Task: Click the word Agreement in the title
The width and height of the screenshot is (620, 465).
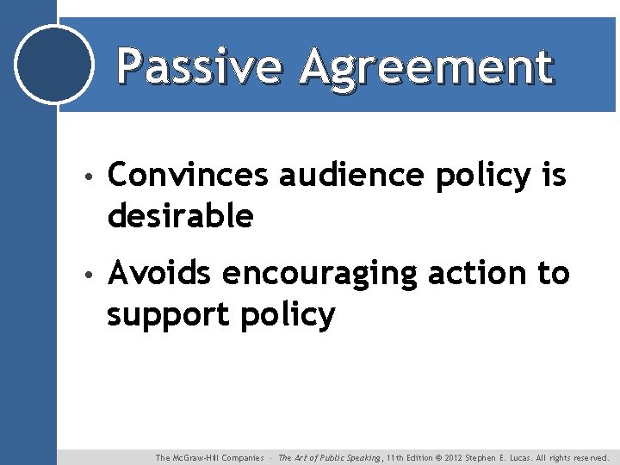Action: (x=425, y=67)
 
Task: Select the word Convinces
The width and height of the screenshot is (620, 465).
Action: (x=188, y=175)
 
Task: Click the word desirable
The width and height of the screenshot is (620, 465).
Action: (x=180, y=215)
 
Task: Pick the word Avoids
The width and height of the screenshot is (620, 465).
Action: (x=159, y=273)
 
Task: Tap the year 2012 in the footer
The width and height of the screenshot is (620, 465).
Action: (x=452, y=458)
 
